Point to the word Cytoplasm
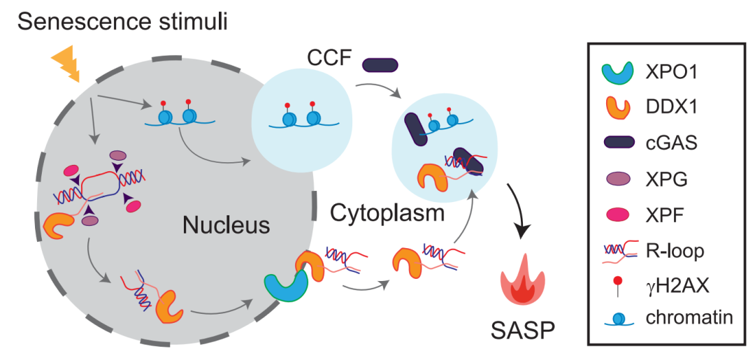pos(387,213)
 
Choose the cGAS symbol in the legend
pos(615,143)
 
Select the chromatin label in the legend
pos(687,317)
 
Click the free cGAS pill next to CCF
pos(380,64)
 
